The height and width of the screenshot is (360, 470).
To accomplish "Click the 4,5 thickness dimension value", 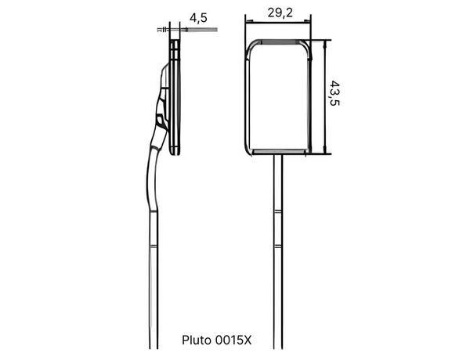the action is [198, 18].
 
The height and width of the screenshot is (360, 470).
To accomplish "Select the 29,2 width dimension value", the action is [280, 13].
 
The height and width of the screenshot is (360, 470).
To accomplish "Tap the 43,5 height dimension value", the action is [334, 93].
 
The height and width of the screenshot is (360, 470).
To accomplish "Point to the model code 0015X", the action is [233, 340].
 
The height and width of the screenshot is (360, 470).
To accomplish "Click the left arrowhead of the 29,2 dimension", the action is [249, 21].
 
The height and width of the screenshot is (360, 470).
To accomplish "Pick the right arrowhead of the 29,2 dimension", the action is [307, 21].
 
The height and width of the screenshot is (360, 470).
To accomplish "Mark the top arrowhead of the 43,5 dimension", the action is [324, 44].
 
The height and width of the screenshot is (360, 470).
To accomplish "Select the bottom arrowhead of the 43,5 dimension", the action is [324, 150].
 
